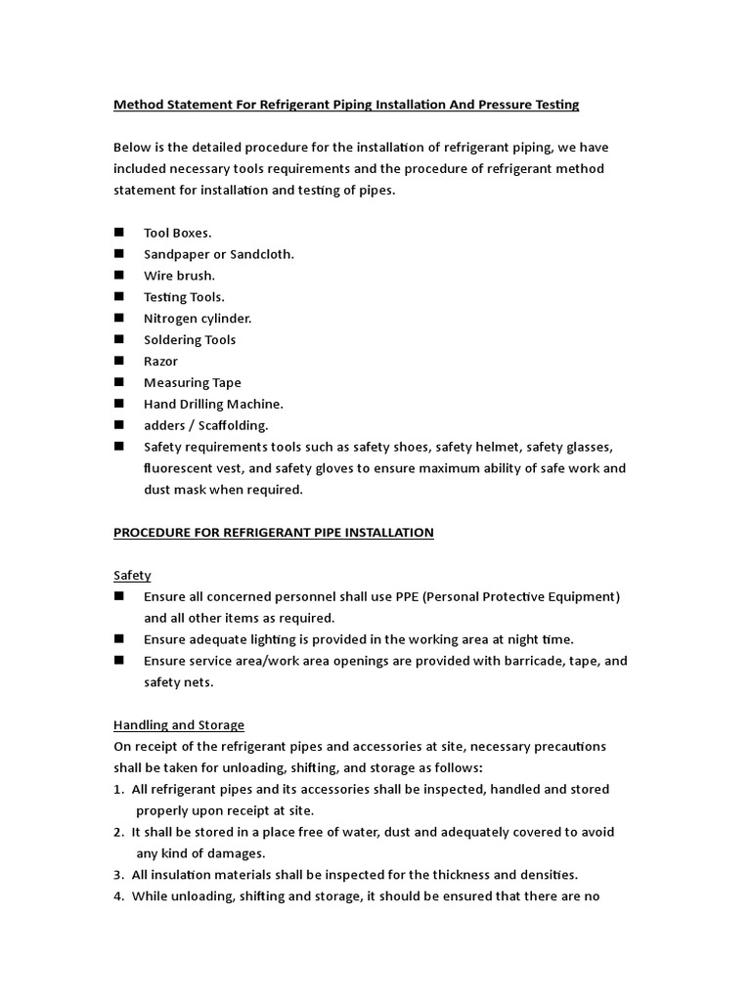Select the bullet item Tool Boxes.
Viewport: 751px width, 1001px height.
point(177,233)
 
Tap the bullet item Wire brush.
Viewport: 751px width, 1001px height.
point(179,276)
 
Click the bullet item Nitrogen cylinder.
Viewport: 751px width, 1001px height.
point(198,319)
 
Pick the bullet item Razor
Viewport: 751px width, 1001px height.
point(160,362)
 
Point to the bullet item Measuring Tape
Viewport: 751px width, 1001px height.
point(192,383)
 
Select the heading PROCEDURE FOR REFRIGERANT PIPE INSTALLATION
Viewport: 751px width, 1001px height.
point(273,533)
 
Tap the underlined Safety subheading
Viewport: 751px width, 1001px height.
point(132,576)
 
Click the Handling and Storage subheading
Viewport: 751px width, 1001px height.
point(179,725)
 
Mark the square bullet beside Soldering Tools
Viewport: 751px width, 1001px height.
point(119,339)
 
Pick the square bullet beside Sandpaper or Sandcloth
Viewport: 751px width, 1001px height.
point(119,254)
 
